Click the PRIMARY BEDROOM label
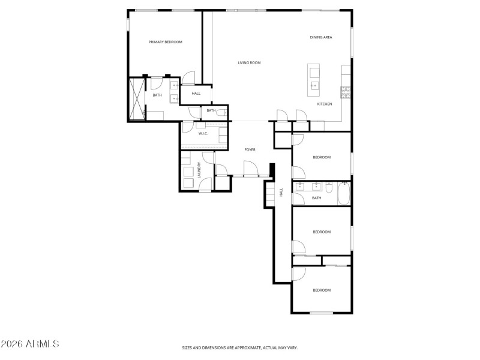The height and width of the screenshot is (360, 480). tap(165, 42)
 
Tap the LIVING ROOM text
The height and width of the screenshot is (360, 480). tap(249, 62)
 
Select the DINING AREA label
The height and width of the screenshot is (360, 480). tap(321, 37)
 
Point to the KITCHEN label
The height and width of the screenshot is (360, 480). tap(325, 104)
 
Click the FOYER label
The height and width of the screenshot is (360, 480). tap(250, 149)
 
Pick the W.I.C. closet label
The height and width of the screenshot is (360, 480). tap(203, 133)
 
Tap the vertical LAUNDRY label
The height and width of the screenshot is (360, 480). tap(199, 170)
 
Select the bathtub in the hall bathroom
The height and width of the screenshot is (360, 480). tap(344, 193)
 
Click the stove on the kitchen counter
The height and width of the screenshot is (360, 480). tap(346, 92)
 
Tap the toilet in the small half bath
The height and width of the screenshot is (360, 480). tap(221, 112)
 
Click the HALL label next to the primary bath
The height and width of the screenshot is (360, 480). tap(196, 94)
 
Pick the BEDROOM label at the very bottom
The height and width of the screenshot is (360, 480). tap(322, 290)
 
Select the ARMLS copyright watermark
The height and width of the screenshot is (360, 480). tap(30, 344)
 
